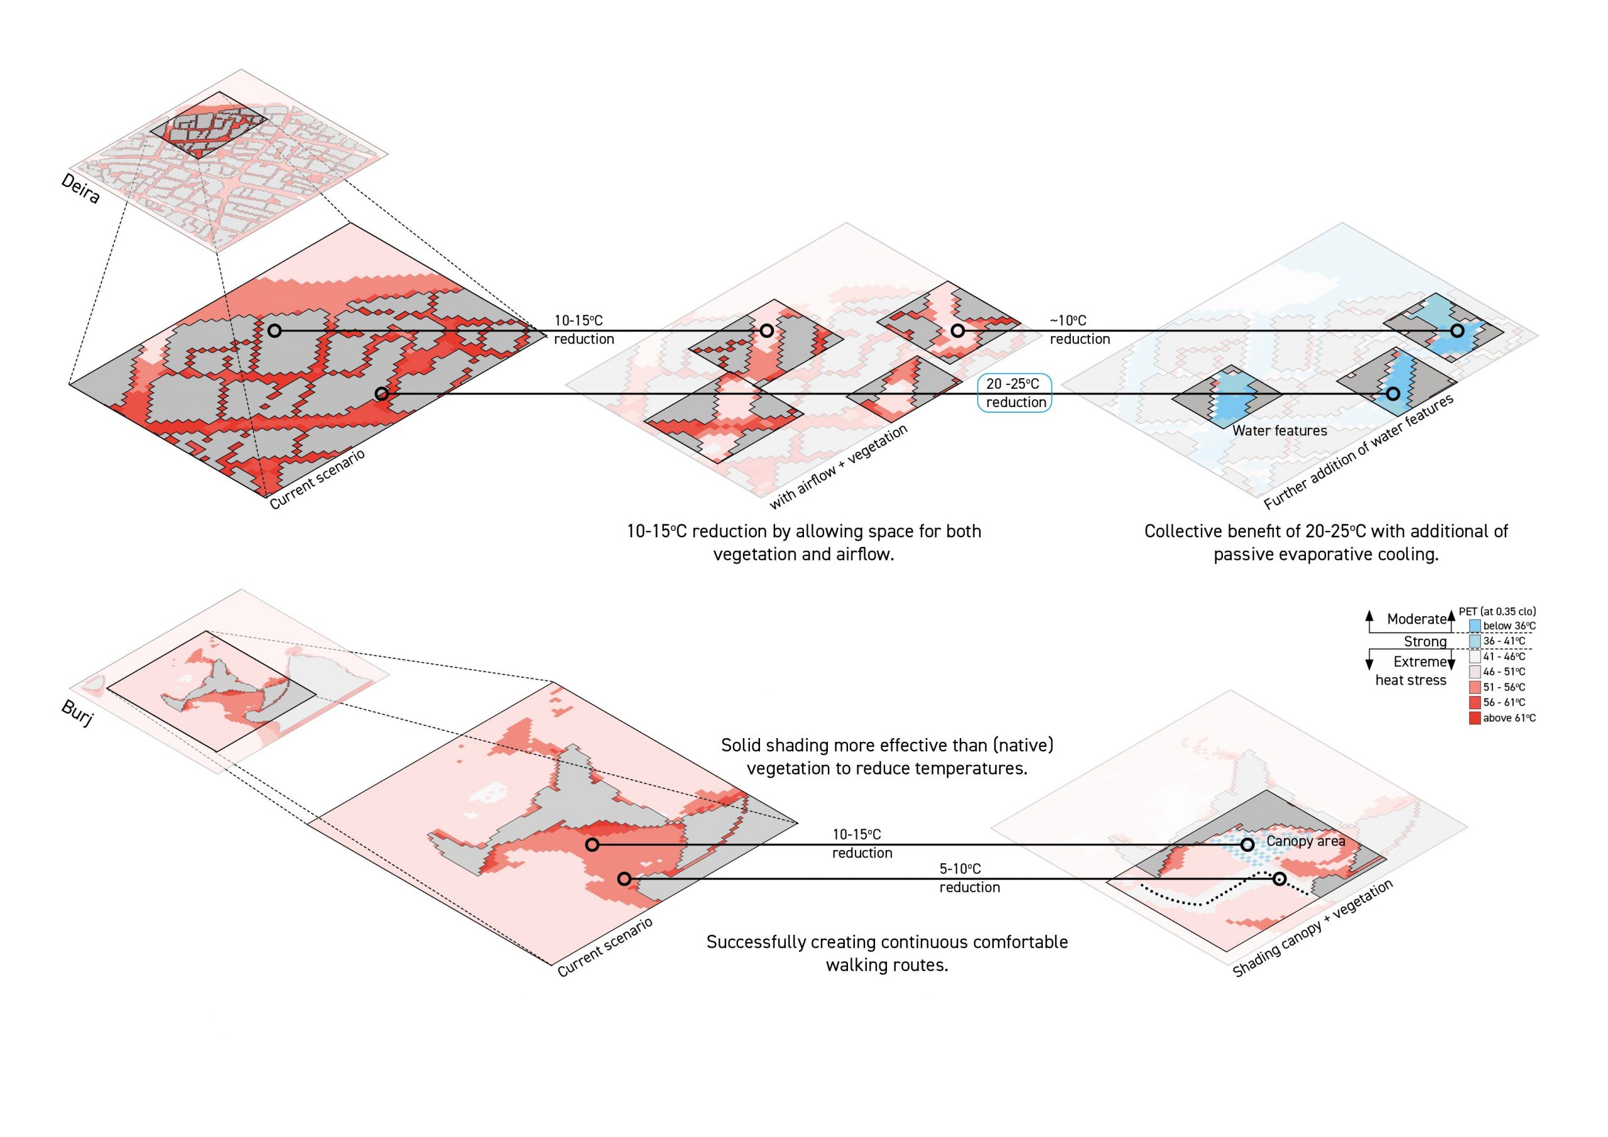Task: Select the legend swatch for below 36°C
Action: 1474,626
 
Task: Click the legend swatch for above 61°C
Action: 1474,718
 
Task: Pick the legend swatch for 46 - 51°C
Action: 1474,672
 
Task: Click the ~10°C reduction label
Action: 1078,329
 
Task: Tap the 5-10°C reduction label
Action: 969,878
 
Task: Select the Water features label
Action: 1279,431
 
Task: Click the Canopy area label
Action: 1305,841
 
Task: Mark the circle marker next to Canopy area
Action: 1247,845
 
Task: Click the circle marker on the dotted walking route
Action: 1279,878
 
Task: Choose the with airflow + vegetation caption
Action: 839,467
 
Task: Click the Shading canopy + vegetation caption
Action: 1312,929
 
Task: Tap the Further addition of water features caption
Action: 1359,452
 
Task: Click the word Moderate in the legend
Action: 1416,619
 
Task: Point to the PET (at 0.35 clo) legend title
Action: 1497,612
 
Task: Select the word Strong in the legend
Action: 1425,642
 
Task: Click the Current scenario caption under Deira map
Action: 317,480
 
